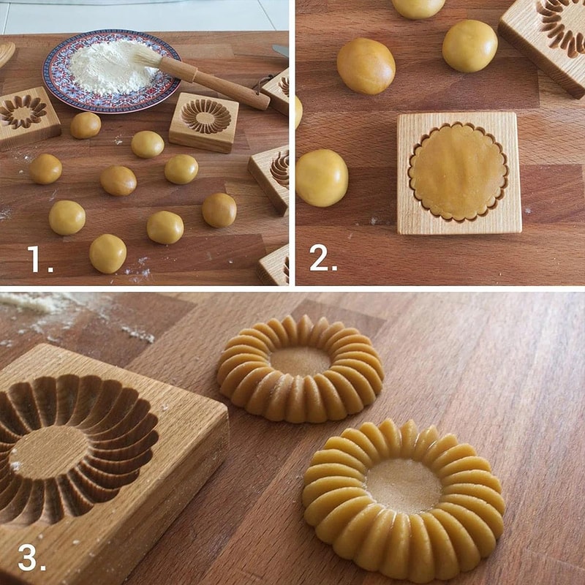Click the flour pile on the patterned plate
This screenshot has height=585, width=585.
(110, 66)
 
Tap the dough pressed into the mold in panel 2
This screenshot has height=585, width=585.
(458, 172)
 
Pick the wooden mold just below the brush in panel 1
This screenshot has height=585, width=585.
(203, 121)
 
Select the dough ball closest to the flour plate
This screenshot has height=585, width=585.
(86, 125)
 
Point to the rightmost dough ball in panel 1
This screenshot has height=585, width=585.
(219, 210)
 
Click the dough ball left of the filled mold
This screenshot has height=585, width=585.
(321, 177)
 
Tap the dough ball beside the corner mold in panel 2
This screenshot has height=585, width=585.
(469, 45)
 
